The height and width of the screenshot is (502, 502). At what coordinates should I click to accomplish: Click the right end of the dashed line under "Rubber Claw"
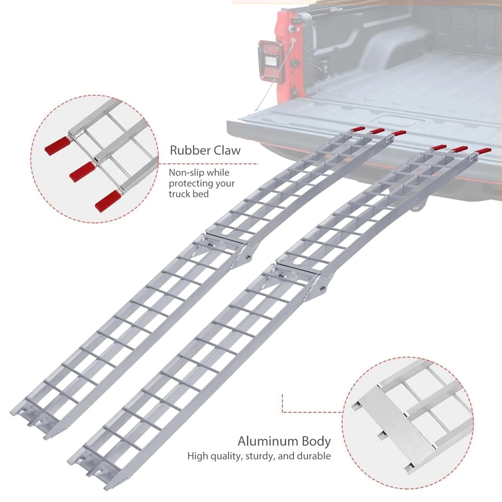(x=258, y=164)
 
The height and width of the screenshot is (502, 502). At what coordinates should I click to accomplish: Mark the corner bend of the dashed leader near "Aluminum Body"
(x=283, y=412)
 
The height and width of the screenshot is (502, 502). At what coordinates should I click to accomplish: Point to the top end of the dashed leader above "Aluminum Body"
(x=283, y=394)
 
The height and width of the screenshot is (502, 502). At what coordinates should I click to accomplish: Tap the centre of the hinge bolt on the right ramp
(x=322, y=287)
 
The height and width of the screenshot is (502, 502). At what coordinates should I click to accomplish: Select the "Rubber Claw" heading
(x=205, y=150)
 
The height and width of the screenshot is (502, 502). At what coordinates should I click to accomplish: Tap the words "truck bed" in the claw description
(x=189, y=194)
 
